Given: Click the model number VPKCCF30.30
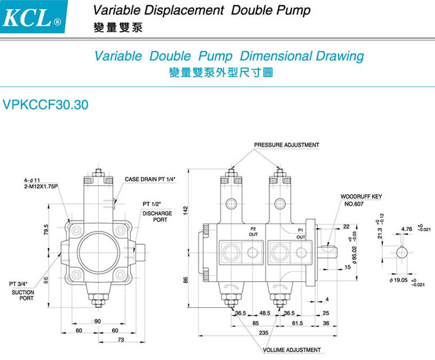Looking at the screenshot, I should tap(45, 105).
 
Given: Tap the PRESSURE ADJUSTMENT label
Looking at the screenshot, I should tap(287, 145).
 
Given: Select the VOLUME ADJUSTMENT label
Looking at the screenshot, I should tap(292, 350).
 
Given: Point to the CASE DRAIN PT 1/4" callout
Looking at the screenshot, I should tap(153, 179).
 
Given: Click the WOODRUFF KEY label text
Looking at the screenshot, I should tap(361, 197).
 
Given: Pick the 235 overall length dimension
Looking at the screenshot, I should tap(263, 333).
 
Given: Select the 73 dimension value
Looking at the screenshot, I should tap(121, 340).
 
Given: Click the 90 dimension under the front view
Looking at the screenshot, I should tap(98, 321).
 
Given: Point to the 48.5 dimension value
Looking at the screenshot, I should tap(265, 313).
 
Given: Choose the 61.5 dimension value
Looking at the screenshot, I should tap(297, 322).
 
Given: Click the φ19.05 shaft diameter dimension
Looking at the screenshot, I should tap(398, 280).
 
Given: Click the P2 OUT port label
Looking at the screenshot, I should tap(253, 232).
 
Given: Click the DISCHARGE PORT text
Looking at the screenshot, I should tap(157, 217).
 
